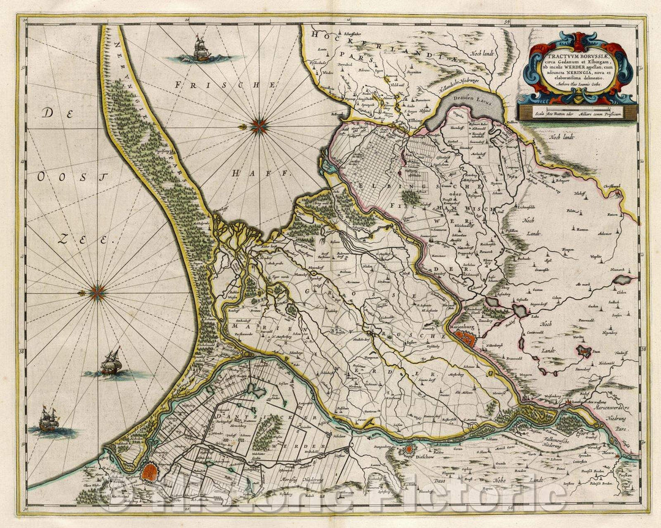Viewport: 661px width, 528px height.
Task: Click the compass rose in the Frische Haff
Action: point(260,126)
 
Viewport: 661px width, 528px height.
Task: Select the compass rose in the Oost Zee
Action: point(97,293)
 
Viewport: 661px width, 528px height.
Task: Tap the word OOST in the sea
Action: point(59,176)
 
